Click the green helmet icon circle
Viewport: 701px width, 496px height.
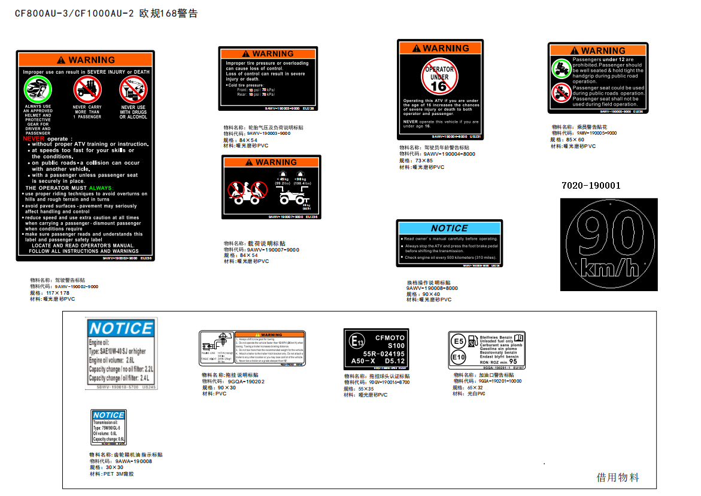(37, 90)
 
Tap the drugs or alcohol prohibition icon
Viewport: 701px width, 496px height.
(133, 90)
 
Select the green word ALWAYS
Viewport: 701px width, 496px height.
(101, 188)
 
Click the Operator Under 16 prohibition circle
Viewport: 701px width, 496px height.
(439, 76)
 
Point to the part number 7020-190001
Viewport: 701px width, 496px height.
(591, 186)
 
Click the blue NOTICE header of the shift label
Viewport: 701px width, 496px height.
(449, 228)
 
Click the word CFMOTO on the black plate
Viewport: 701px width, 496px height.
(390, 338)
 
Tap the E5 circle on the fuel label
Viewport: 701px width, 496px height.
(459, 341)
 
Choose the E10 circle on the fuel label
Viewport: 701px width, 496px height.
(459, 357)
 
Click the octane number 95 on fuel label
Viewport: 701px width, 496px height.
(513, 361)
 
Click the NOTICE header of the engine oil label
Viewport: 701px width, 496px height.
(120, 328)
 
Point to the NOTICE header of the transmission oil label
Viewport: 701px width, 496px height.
(108, 415)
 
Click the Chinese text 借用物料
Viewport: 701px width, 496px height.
(618, 477)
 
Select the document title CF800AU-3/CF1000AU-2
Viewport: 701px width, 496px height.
(74, 13)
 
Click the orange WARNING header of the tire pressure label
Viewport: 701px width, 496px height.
(268, 54)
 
